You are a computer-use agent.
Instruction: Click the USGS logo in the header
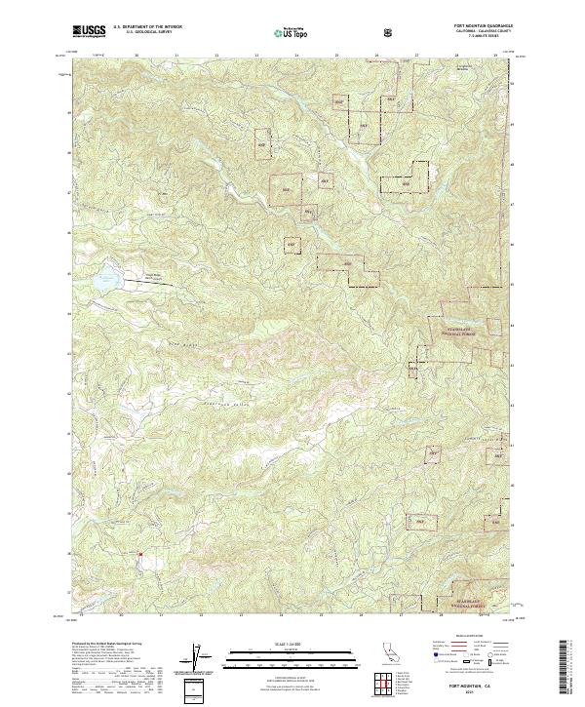(90, 33)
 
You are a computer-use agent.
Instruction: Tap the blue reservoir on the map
(104, 281)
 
